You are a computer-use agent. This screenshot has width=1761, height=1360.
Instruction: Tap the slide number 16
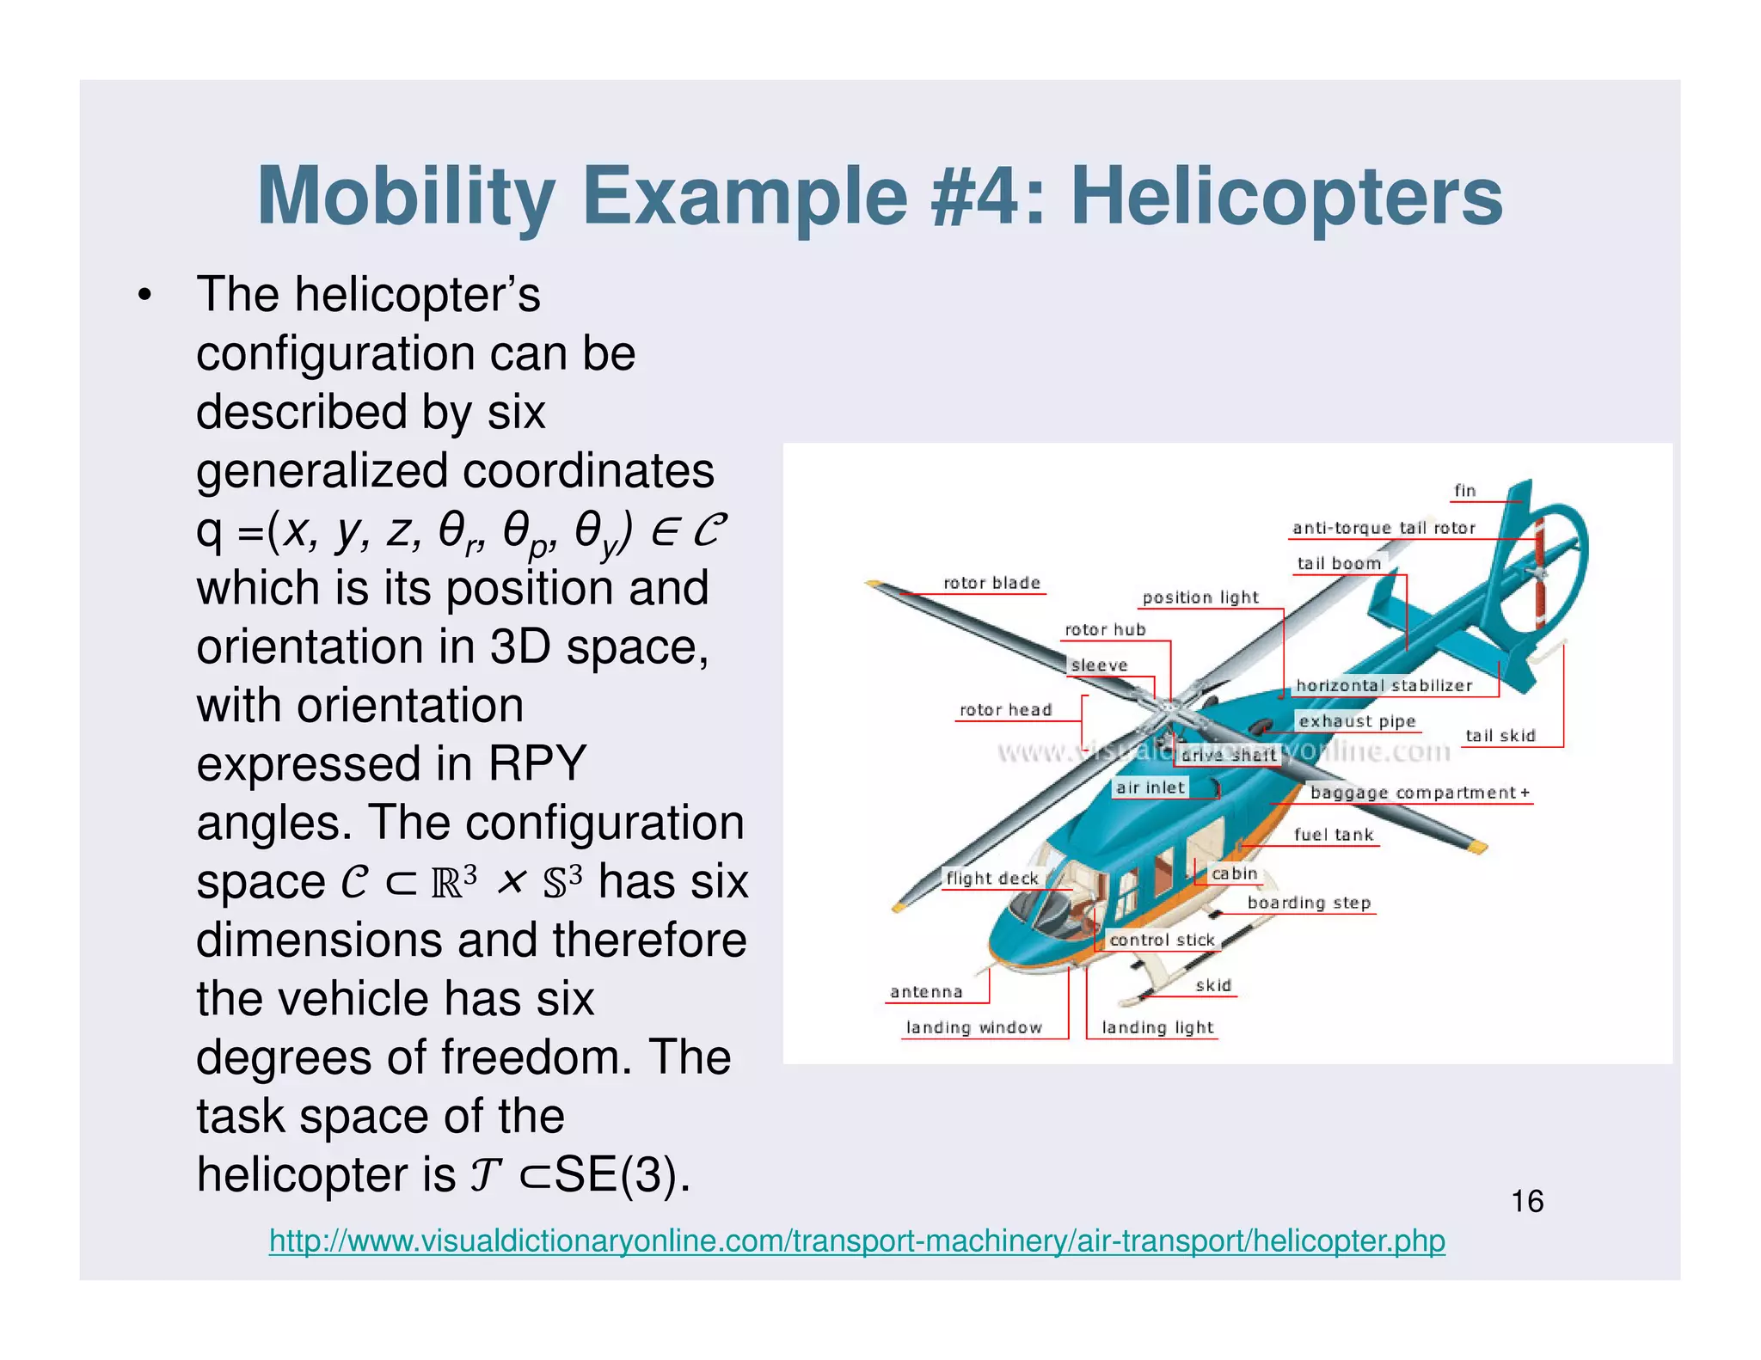click(1527, 1201)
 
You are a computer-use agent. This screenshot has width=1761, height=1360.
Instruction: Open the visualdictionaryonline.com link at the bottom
click(856, 1241)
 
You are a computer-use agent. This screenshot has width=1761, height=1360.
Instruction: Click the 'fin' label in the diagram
click(1464, 491)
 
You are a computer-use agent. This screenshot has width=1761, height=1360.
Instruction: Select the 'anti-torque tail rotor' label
click(1384, 528)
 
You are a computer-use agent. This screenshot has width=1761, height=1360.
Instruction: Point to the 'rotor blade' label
click(991, 583)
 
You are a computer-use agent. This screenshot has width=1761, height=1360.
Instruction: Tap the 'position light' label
click(1200, 597)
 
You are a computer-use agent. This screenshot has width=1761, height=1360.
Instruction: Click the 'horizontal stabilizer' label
click(1384, 685)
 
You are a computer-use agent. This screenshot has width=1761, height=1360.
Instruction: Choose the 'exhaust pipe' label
click(1357, 721)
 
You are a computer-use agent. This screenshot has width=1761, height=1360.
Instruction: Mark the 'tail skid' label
click(1500, 736)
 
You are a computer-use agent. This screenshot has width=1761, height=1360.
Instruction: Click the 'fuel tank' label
click(1334, 835)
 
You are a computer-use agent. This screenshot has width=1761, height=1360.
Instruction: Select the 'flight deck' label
click(992, 879)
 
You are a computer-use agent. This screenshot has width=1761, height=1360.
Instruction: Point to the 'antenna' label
click(926, 992)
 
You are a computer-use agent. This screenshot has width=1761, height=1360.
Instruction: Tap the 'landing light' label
click(1157, 1027)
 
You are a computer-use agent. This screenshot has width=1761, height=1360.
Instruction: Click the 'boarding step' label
click(1309, 903)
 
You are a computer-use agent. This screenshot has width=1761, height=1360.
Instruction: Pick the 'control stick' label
click(1162, 940)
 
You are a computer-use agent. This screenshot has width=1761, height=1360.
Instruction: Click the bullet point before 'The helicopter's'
click(144, 296)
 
